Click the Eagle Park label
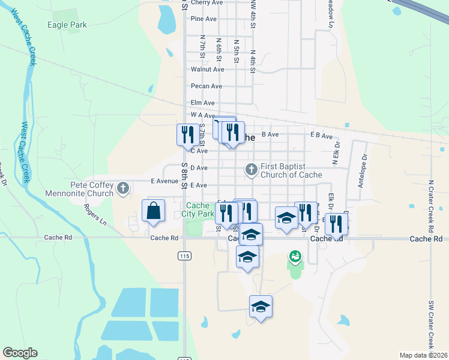(67, 25)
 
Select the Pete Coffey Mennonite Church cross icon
(123, 188)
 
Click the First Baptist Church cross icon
(252, 170)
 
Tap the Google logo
(20, 353)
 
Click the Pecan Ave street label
(206, 86)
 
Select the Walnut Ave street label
(207, 70)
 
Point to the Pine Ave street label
(203, 19)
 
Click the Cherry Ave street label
(208, 3)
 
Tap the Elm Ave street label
(202, 103)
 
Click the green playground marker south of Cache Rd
(295, 257)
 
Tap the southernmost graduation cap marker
(261, 306)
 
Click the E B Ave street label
(321, 136)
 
